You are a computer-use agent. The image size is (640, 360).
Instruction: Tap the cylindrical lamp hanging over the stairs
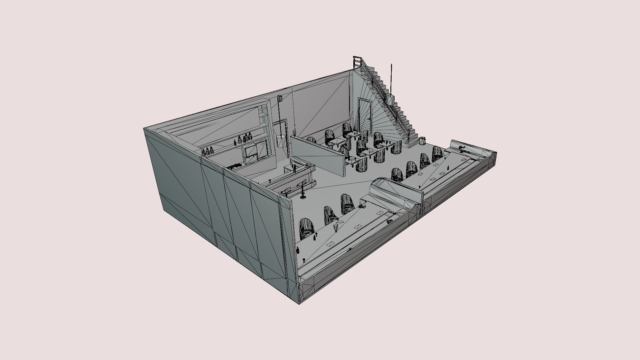[x=390, y=99]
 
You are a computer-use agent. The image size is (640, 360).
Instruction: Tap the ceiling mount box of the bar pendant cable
[x=279, y=98]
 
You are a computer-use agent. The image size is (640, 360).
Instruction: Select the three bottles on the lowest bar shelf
[x=208, y=151]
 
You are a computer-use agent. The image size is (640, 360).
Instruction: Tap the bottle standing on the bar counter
[x=295, y=168]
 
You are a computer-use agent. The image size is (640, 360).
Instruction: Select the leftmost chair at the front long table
[x=307, y=229]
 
